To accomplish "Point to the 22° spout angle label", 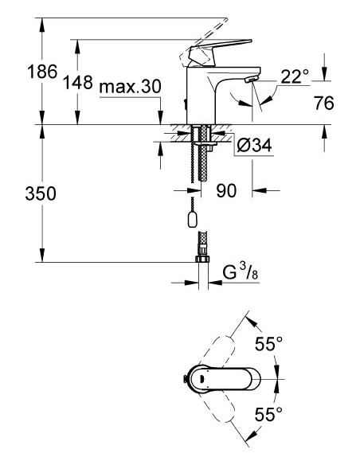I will tap(295, 76).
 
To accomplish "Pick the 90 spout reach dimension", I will tap(227, 191).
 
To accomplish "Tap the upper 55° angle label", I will tap(268, 345).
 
